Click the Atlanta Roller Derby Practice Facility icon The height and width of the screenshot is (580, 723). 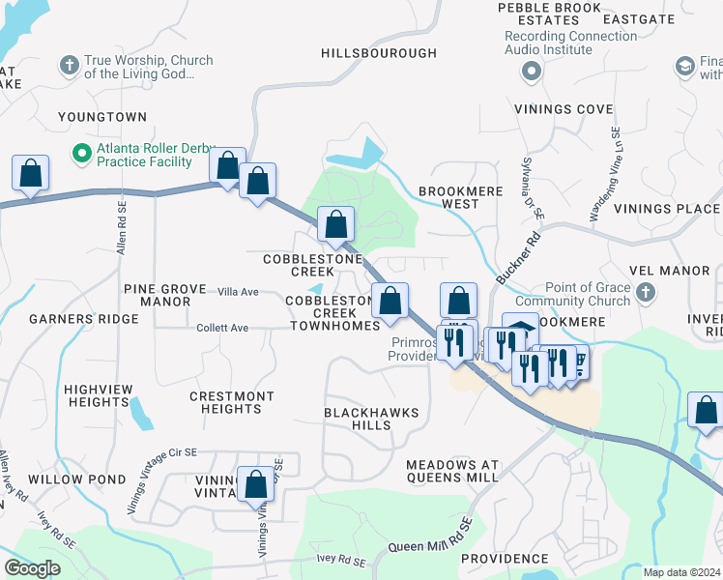point(82,153)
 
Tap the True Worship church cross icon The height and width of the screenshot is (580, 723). point(69,66)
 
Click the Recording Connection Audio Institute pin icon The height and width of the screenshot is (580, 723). point(530,72)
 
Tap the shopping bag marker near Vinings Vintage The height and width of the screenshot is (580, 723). point(256,484)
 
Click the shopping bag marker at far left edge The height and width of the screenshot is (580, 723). point(30,174)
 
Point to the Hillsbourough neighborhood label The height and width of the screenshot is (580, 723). point(372,53)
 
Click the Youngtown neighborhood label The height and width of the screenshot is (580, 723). point(102,117)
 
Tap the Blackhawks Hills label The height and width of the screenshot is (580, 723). point(371,419)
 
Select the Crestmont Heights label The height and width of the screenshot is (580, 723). point(231,402)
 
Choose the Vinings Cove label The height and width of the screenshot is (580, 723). point(564,109)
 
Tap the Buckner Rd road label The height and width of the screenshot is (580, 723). point(518,257)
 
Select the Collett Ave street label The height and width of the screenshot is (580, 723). point(222,328)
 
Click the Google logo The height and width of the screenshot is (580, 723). point(32,568)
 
